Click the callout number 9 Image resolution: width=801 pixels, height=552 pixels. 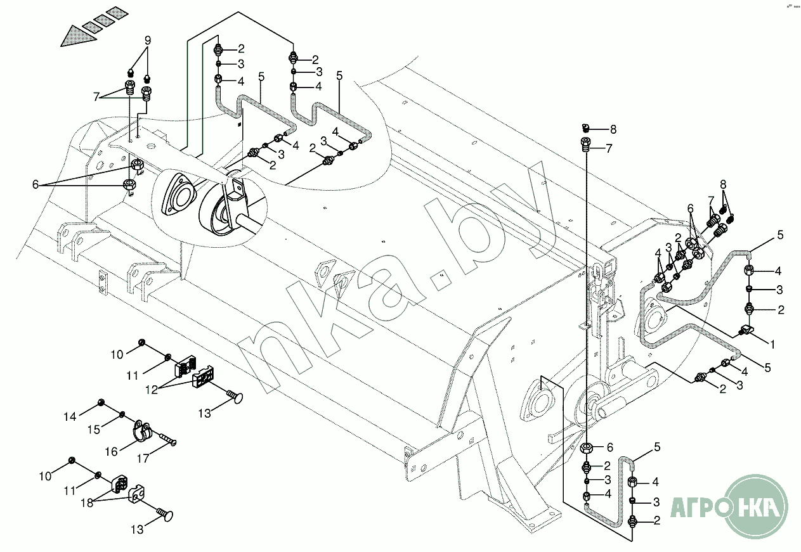coord(147,41)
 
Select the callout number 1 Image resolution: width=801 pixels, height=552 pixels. coord(772,345)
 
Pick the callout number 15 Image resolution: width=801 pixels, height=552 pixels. coord(93,430)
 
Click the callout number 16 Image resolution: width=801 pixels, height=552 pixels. coord(112,451)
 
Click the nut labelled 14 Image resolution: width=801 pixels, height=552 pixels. coord(100,403)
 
